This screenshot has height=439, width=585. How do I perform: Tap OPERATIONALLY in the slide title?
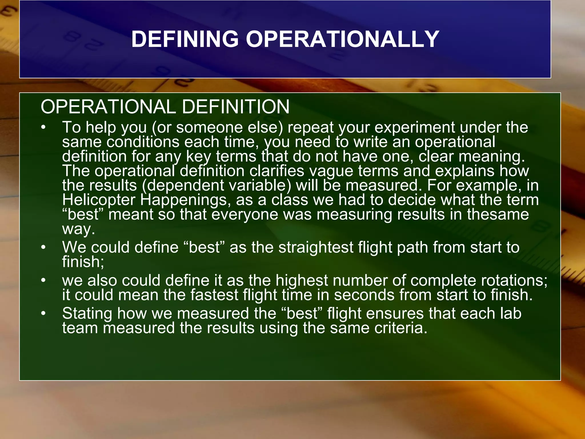342,39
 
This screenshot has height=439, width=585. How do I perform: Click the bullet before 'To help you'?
43,127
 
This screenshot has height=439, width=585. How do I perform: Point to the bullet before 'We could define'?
43,247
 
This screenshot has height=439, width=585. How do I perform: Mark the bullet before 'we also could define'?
43,280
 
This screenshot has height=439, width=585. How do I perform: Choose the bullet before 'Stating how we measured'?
43,314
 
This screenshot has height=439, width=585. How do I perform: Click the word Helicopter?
99,200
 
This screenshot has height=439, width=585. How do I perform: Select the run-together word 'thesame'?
498,214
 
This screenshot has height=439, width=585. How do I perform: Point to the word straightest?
316,247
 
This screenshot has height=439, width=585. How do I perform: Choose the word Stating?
87,314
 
